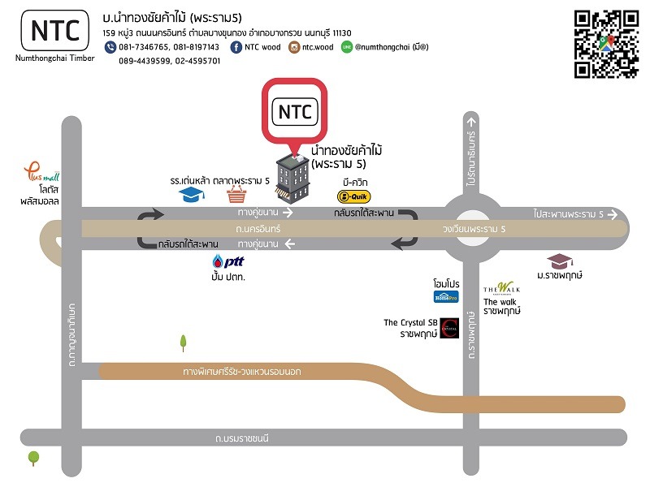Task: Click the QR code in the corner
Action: [x=606, y=44]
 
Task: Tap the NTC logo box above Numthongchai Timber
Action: [x=55, y=30]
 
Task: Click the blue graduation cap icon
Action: [x=191, y=195]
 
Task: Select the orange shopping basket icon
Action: [x=236, y=195]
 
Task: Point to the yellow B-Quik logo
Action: [x=353, y=196]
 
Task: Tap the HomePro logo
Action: [x=446, y=296]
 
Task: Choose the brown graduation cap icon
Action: [x=559, y=261]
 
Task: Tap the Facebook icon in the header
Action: [x=236, y=47]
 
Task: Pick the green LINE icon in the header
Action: [x=348, y=47]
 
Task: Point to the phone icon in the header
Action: [x=110, y=47]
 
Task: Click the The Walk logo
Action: [x=501, y=289]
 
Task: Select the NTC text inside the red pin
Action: [x=295, y=112]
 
